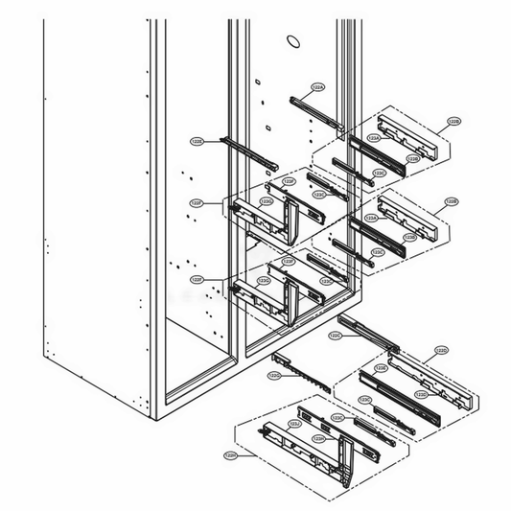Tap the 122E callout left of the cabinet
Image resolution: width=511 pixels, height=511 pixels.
197,141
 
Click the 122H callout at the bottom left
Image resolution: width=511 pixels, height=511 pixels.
231,454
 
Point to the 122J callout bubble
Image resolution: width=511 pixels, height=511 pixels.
295,422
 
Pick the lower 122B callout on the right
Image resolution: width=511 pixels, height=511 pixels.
453,202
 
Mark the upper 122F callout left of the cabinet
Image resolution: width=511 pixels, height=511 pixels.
197,203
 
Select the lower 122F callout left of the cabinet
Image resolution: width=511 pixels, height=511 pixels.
197,279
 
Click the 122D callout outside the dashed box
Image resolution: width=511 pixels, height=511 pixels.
441,351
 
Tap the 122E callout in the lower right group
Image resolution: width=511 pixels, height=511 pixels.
380,367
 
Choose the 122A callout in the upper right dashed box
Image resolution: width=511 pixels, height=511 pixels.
375,138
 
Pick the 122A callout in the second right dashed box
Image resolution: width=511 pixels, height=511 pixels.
373,220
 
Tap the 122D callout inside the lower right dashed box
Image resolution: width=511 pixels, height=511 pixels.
421,394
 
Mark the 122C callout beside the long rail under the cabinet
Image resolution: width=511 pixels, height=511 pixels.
336,337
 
